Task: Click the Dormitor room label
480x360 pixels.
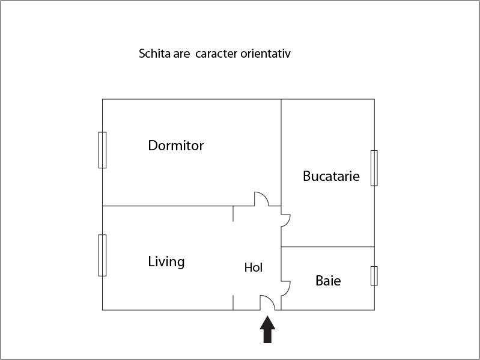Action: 175,145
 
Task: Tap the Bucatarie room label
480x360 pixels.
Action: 331,176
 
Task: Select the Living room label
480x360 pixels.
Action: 166,262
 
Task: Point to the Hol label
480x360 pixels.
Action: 253,267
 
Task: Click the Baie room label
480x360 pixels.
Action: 328,281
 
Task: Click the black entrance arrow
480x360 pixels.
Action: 267,329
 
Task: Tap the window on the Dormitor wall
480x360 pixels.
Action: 102,150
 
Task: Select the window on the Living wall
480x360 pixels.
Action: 102,255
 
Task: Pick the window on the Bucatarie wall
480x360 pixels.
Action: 374,168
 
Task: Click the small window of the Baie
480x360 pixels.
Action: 374,276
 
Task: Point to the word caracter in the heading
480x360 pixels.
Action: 216,54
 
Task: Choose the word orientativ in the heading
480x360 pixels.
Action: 266,53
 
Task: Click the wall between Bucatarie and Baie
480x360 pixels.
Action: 327,247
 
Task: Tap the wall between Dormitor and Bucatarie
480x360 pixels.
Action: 281,153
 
